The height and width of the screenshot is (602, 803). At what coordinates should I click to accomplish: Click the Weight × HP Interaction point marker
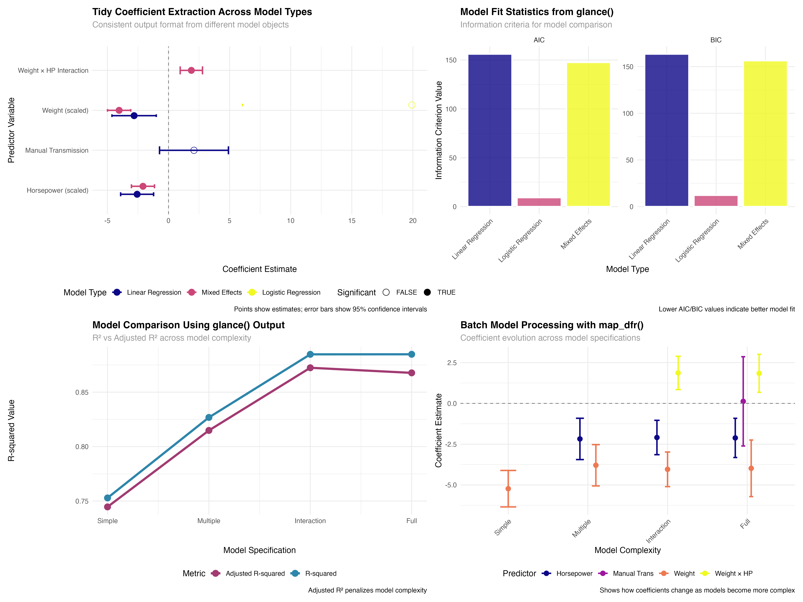[x=191, y=70]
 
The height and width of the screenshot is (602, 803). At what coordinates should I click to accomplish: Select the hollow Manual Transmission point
[x=194, y=150]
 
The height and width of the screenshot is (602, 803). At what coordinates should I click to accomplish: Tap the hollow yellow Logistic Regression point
[x=412, y=105]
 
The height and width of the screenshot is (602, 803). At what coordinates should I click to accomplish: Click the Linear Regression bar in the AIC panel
[x=490, y=131]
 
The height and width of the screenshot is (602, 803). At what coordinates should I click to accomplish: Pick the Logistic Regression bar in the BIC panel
[x=716, y=201]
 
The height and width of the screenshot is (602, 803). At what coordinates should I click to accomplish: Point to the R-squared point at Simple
[x=107, y=498]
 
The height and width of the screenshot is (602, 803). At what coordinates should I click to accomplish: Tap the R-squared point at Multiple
[x=209, y=418]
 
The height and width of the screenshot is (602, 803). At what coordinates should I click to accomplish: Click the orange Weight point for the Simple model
[x=508, y=489]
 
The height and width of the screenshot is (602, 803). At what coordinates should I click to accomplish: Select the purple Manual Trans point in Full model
[x=743, y=401]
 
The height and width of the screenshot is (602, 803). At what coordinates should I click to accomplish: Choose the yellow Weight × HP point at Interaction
[x=678, y=373]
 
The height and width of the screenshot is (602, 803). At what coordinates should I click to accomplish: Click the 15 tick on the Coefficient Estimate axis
[x=352, y=221]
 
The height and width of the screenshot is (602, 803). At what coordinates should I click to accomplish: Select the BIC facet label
[x=716, y=40]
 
